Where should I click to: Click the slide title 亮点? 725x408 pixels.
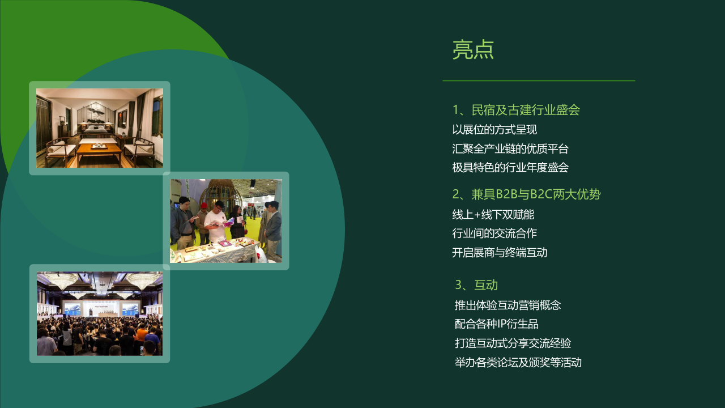pyautogui.click(x=473, y=49)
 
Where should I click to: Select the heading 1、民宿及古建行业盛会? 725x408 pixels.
pyautogui.click(x=516, y=110)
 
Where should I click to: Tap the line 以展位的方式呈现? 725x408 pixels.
pyautogui.click(x=494, y=130)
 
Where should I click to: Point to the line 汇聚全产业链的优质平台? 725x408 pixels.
pyautogui.click(x=510, y=149)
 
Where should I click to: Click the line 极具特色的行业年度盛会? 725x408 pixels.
pyautogui.click(x=510, y=168)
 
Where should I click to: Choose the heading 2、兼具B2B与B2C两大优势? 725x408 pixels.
pyautogui.click(x=526, y=194)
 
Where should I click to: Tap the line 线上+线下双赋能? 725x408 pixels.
pyautogui.click(x=493, y=215)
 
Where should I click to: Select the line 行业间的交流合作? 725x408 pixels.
pyautogui.click(x=494, y=233)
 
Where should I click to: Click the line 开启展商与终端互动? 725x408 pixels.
pyautogui.click(x=500, y=253)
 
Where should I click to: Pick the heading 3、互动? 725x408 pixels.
pyautogui.click(x=476, y=285)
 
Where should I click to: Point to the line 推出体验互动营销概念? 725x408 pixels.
pyautogui.click(x=507, y=305)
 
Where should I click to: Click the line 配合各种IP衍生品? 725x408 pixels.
pyautogui.click(x=497, y=324)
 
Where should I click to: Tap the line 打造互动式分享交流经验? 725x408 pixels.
pyautogui.click(x=513, y=343)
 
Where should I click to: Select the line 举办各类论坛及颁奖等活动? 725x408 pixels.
pyautogui.click(x=518, y=362)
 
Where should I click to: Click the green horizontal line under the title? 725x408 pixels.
pyautogui.click(x=539, y=80)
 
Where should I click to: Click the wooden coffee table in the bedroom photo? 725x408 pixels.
pyautogui.click(x=100, y=151)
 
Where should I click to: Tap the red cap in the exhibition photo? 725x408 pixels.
pyautogui.click(x=204, y=205)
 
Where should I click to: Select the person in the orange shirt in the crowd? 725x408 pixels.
pyautogui.click(x=142, y=334)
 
